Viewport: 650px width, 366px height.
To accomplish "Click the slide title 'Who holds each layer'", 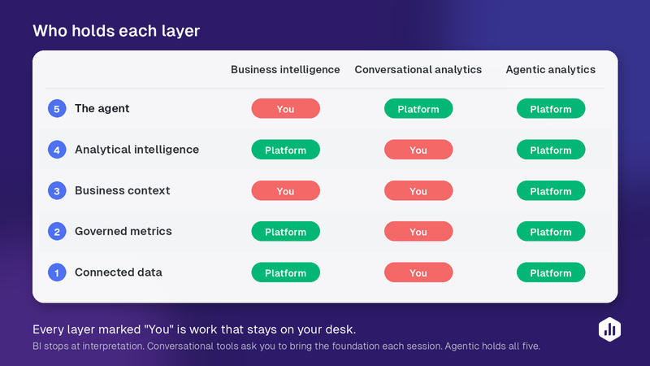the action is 116,31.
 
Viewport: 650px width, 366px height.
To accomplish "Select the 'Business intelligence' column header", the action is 285,70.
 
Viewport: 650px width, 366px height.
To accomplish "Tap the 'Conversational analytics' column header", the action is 418,70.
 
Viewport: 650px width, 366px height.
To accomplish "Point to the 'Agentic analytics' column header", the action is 551,70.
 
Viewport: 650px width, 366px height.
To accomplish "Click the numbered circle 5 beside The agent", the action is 57,109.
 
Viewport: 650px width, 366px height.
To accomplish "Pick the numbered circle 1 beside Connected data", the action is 57,272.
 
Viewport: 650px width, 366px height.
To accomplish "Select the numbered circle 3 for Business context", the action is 57,191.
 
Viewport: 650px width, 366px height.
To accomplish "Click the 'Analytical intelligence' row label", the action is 136,150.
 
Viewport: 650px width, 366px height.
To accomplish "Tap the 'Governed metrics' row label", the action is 123,231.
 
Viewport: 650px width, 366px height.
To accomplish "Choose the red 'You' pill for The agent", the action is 286,109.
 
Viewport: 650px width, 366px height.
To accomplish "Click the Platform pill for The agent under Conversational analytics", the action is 418,109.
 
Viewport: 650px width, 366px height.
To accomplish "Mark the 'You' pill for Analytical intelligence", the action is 418,150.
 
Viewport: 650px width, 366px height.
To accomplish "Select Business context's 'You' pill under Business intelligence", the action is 286,191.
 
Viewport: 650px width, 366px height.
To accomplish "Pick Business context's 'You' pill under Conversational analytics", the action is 418,191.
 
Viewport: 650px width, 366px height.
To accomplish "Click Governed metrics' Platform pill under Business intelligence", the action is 286,232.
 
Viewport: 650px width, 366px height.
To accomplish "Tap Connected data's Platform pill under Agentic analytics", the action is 551,272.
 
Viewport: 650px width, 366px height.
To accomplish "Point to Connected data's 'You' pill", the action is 418,272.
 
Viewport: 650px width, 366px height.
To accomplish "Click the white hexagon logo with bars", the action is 610,329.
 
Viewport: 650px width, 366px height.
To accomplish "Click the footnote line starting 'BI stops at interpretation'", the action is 286,346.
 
